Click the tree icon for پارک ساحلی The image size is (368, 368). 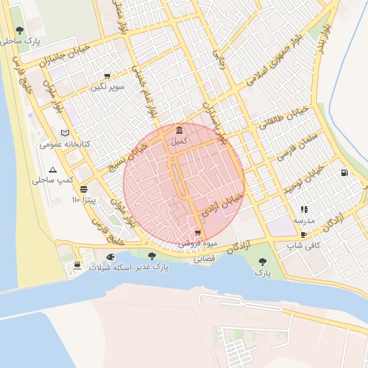(19, 30)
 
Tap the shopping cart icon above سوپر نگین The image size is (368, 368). (107, 76)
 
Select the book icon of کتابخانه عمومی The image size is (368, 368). (65, 133)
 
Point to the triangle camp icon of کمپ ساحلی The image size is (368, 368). (52, 170)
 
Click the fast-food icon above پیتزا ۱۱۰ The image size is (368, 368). (84, 189)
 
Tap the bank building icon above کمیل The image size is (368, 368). (178, 130)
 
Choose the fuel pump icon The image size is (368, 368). (344, 172)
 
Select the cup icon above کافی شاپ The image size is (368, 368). (303, 234)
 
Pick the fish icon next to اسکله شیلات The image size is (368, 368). (109, 257)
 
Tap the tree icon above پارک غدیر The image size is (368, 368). (151, 255)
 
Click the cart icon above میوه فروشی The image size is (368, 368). (198, 233)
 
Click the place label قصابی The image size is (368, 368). (204, 260)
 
